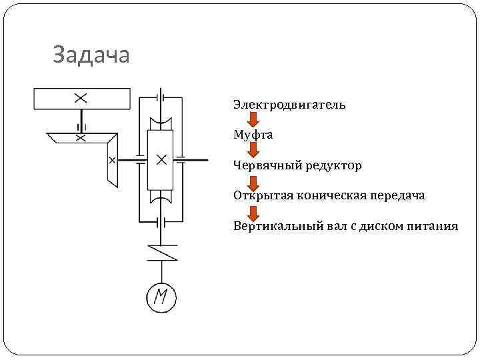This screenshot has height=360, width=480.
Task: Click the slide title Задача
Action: [x=91, y=55]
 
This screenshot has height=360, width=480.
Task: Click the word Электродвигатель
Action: [x=289, y=105]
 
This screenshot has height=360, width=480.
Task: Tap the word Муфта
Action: [x=253, y=135]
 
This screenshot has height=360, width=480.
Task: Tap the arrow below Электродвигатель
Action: [x=253, y=120]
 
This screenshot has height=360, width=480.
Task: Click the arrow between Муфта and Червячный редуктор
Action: [x=253, y=150]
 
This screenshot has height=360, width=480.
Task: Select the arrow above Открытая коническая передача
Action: [x=253, y=181]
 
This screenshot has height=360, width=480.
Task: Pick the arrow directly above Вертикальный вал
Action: [x=253, y=211]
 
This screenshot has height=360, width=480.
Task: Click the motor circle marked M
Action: [x=161, y=297]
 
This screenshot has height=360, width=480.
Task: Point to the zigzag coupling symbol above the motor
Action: [x=161, y=252]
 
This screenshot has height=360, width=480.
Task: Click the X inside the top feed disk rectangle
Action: [x=81, y=98]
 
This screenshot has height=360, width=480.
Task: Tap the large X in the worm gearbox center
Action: [x=161, y=160]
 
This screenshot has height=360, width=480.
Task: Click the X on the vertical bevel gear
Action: [x=111, y=160]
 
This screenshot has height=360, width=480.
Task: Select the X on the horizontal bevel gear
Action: [x=81, y=138]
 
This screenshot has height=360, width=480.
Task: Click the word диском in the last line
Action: [x=379, y=226]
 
